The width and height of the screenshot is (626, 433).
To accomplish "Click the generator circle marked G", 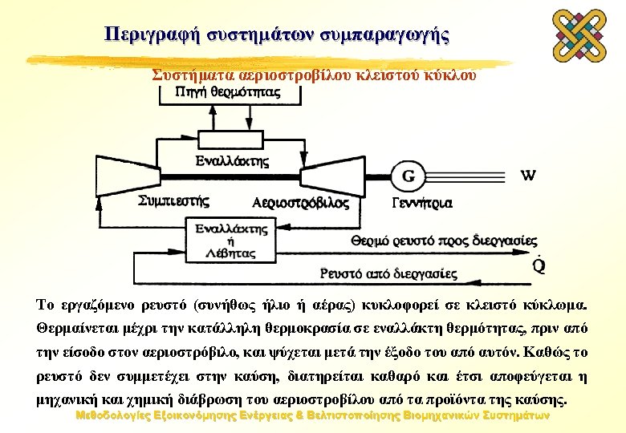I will (408, 176).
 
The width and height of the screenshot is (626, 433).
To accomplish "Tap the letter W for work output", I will (530, 175).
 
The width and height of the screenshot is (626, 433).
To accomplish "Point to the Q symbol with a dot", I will (539, 265).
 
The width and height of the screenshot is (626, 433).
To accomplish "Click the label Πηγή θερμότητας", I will (228, 92).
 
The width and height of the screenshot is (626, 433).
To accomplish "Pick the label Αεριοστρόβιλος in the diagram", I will (300, 202).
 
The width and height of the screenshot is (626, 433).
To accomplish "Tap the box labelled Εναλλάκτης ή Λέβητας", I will (231, 241).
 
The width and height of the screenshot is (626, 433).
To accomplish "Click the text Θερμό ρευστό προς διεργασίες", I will (445, 240).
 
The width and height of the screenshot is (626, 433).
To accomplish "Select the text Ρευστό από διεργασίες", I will (389, 273).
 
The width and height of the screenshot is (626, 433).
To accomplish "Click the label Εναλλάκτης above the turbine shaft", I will (232, 160).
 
